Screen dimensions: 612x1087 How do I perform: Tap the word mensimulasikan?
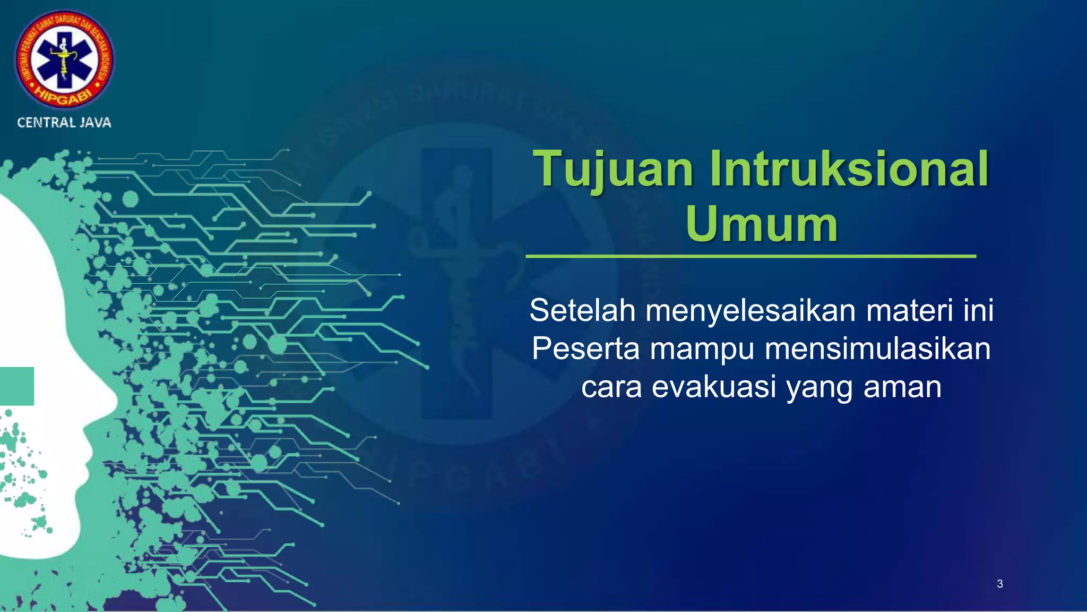coord(878,349)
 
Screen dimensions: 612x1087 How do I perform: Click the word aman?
coord(902,387)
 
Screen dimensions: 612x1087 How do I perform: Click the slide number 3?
coord(1000,584)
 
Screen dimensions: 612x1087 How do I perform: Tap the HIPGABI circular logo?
coord(64,59)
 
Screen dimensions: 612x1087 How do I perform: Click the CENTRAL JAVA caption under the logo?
coord(64,123)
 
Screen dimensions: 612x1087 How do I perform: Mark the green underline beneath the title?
coord(750,256)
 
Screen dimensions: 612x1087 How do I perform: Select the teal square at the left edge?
coord(16,386)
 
